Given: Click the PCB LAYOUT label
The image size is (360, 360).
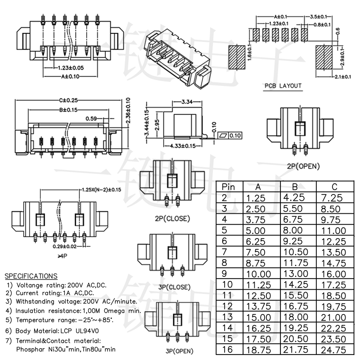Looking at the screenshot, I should point(283,86).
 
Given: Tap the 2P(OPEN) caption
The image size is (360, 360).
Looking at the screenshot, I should point(303,166).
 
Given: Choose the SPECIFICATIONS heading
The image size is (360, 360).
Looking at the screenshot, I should point(31,276).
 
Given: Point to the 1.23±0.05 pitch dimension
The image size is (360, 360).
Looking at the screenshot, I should point(71,68).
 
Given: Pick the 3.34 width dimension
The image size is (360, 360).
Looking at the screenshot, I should point(186,102).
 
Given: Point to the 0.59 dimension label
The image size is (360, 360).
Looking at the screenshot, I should point(91,119).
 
